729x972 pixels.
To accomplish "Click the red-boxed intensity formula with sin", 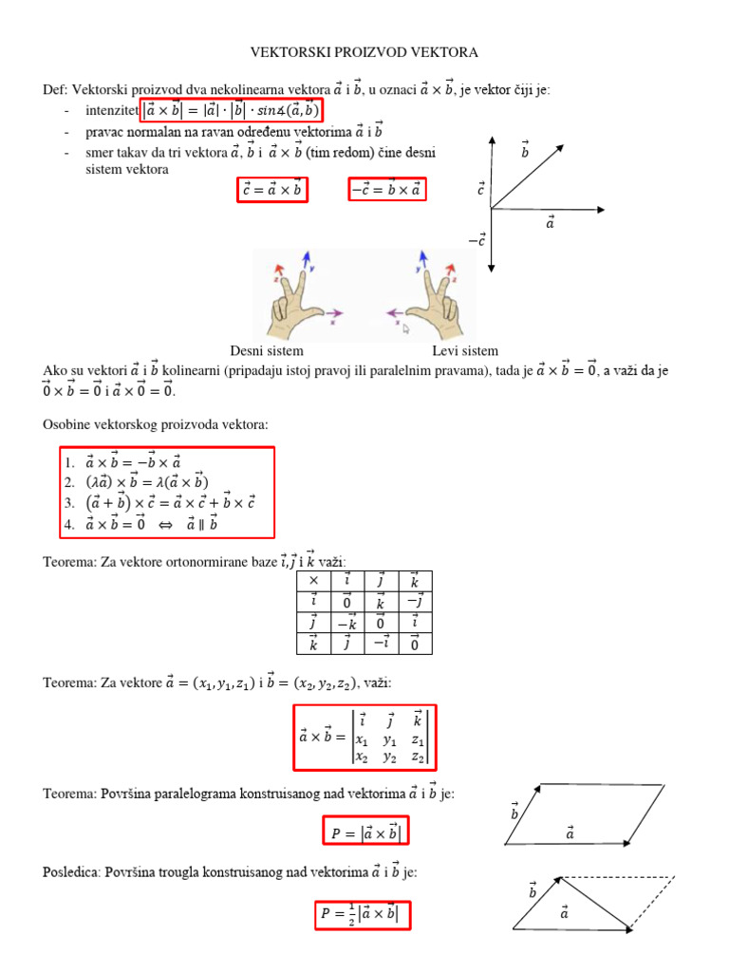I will [x=232, y=111].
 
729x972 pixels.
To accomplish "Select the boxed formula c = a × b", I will [x=271, y=190].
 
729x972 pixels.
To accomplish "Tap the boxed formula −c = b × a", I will [x=387, y=190].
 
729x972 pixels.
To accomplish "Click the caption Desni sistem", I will [x=266, y=350].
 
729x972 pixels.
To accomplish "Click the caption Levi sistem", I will [x=465, y=350].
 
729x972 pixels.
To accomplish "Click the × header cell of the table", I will [x=313, y=580].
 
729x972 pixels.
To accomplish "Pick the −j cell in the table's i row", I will [x=414, y=601].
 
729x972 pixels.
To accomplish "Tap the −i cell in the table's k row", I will [x=382, y=644].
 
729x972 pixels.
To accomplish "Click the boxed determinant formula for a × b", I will [x=364, y=737].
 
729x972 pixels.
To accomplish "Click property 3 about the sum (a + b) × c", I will [x=161, y=503].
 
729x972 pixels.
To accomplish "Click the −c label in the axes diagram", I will [x=477, y=241].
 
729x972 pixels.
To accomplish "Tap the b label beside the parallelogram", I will [x=514, y=813].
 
